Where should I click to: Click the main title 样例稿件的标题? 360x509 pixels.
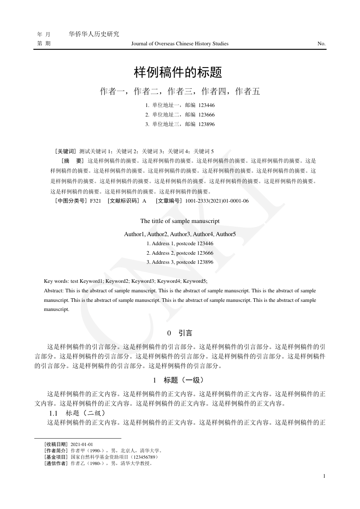(180, 72)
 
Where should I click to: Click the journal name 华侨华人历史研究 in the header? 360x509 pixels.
(93, 34)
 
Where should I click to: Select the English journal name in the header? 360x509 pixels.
(180, 44)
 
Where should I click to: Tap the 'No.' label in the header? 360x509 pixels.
(321, 44)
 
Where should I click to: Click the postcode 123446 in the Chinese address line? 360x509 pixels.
(207, 105)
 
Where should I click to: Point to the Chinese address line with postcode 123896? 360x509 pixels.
(180, 124)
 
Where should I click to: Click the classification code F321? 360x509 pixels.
(95, 200)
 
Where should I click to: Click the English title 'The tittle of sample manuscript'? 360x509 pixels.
(180, 221)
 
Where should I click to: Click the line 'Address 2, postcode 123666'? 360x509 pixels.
(180, 253)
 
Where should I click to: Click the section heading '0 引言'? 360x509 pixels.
(180, 333)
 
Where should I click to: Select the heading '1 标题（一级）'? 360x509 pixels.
(180, 380)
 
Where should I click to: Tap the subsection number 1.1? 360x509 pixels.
(54, 413)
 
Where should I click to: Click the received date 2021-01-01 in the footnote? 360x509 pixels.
(82, 445)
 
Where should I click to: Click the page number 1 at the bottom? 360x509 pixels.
(324, 476)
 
